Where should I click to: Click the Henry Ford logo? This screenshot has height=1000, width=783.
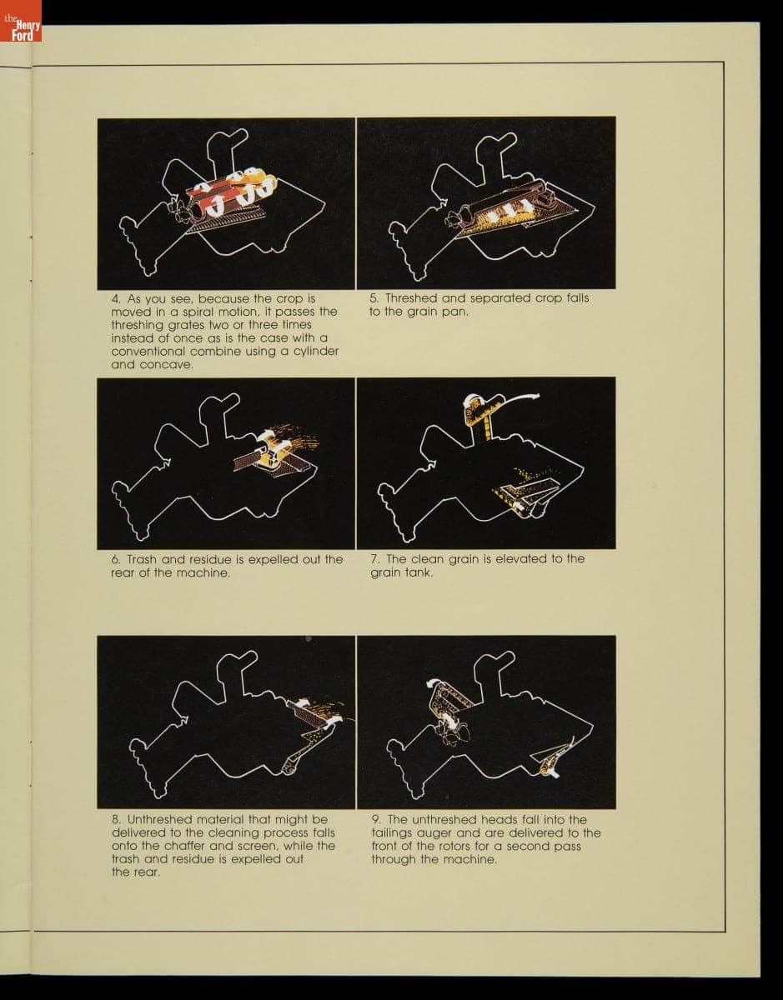21,21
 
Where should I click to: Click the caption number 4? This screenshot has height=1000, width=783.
116,299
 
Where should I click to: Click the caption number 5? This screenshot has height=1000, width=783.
374,298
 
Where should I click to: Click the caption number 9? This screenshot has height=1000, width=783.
376,820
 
